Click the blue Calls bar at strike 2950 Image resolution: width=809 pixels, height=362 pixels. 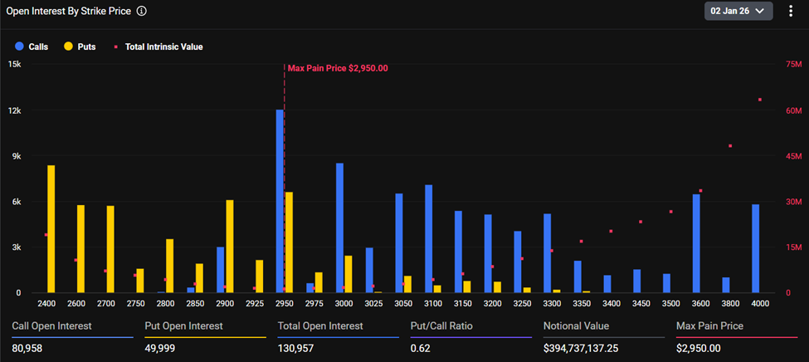click(x=280, y=201)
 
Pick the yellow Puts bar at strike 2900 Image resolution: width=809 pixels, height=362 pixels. click(x=230, y=246)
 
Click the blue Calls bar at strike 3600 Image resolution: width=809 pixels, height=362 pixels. click(x=696, y=243)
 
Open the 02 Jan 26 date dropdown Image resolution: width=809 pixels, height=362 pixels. click(x=738, y=11)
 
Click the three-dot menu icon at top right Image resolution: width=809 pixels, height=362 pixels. click(x=791, y=11)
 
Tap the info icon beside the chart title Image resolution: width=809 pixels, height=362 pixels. click(x=142, y=12)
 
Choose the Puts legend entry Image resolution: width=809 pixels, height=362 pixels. click(x=80, y=47)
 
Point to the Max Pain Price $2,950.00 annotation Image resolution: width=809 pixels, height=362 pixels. click(x=338, y=69)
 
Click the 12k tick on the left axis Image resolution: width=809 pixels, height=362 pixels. click(x=15, y=110)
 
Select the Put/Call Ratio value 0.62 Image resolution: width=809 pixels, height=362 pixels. click(x=422, y=347)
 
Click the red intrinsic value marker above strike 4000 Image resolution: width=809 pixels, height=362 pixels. click(x=759, y=100)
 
